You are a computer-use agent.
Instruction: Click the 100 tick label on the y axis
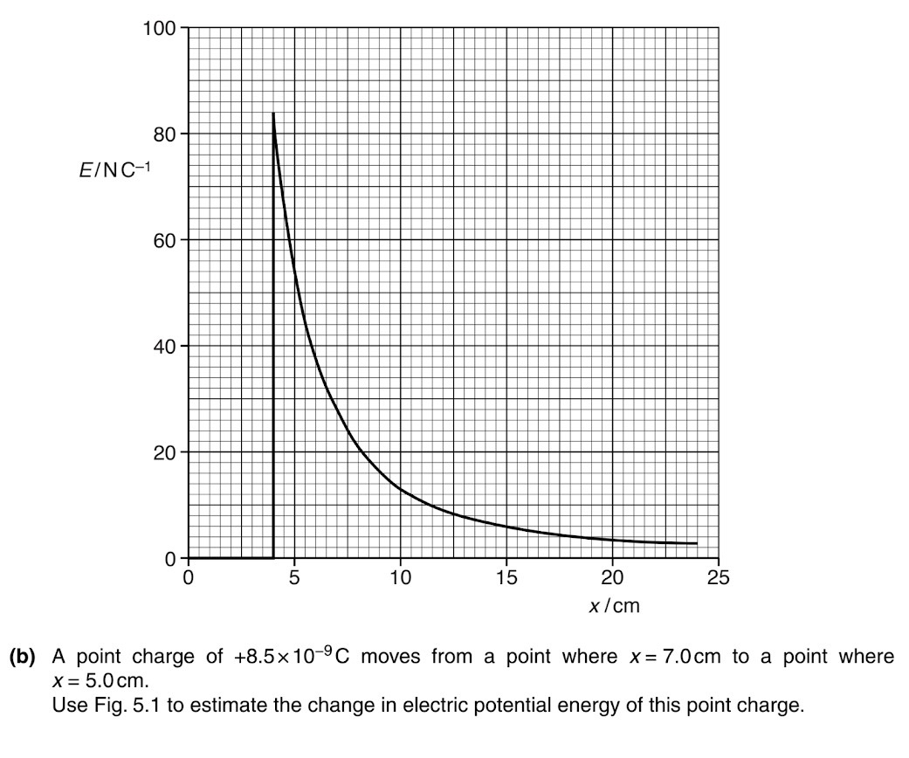pos(159,28)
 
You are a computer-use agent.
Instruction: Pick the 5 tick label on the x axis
pos(294,577)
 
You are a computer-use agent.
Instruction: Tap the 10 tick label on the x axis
pos(400,577)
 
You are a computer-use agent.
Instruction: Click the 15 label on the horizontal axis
pos(506,577)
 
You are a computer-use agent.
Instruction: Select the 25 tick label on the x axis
pos(719,577)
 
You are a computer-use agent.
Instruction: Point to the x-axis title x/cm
pos(614,605)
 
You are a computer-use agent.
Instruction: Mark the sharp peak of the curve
pos(273,113)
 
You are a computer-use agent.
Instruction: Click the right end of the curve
pos(697,543)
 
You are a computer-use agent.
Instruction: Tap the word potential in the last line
pos(574,705)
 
